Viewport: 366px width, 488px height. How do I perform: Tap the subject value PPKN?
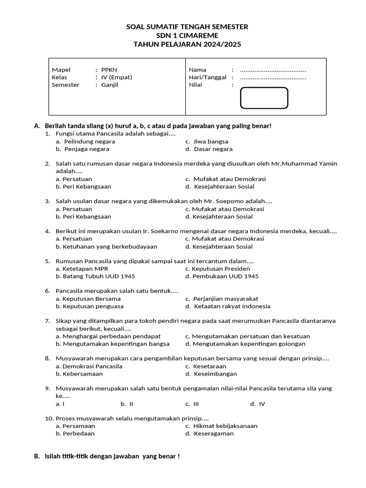click(109, 70)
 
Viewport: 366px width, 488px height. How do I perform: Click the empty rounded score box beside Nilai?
click(264, 98)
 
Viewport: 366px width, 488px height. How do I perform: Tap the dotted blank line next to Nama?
click(273, 70)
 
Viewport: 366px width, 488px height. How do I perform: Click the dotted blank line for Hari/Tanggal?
click(273, 78)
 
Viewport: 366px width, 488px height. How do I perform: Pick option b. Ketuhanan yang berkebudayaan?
click(106, 246)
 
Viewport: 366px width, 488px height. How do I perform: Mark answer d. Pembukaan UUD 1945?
click(222, 276)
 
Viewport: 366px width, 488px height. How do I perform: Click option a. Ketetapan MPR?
click(82, 268)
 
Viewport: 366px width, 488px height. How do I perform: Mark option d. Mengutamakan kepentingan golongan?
click(245, 344)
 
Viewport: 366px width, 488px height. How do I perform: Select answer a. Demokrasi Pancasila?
click(89, 366)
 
